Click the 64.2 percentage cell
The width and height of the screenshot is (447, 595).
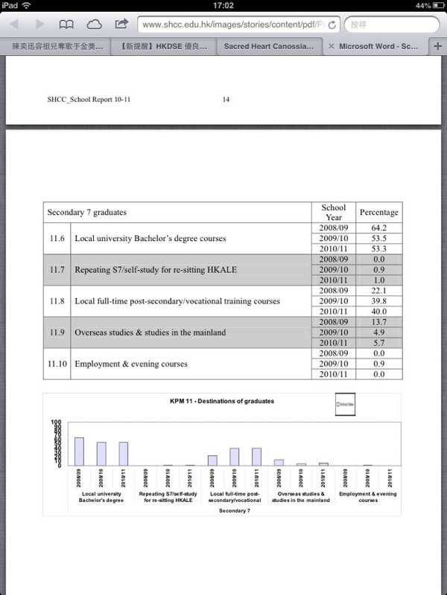pyautogui.click(x=378, y=228)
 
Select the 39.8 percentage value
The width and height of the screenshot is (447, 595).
pyautogui.click(x=378, y=300)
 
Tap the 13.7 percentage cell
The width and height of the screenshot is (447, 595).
pyautogui.click(x=378, y=321)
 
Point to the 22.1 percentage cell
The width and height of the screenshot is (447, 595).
pyautogui.click(x=378, y=290)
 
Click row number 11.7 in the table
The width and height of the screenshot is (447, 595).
pyautogui.click(x=57, y=269)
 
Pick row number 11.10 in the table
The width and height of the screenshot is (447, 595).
pyautogui.click(x=57, y=364)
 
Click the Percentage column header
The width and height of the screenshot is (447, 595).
pyautogui.click(x=378, y=212)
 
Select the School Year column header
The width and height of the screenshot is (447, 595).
pyautogui.click(x=333, y=212)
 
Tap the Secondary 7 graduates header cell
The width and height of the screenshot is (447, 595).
pyautogui.click(x=177, y=212)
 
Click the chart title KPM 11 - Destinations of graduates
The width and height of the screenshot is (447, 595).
pyautogui.click(x=222, y=401)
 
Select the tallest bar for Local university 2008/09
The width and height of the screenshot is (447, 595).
pyautogui.click(x=79, y=451)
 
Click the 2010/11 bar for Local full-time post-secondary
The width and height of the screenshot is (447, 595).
pyautogui.click(x=257, y=456)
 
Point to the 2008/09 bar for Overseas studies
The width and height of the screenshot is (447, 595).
pyautogui.click(x=279, y=462)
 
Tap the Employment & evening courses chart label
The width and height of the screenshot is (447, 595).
pyautogui.click(x=368, y=497)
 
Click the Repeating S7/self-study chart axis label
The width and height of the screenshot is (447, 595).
pyautogui.click(x=168, y=497)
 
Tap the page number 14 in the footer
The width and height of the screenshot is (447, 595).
pyautogui.click(x=226, y=99)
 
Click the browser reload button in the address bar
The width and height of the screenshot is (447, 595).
pyautogui.click(x=331, y=25)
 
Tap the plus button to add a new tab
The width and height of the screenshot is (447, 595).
pyautogui.click(x=437, y=45)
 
